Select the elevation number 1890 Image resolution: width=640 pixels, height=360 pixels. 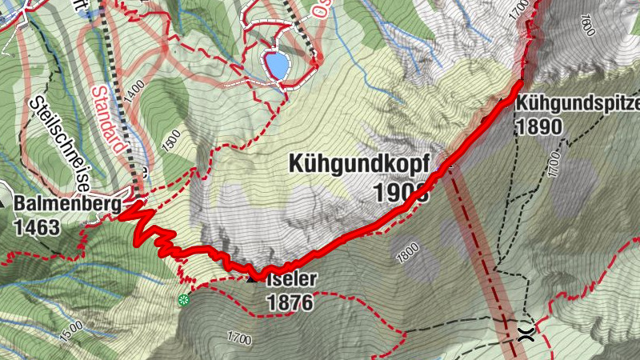pos(540,126)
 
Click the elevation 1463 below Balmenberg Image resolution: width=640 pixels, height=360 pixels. pos(37,227)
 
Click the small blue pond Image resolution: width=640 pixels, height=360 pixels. pos(277,63)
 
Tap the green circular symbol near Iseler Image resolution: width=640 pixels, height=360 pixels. pos(184,300)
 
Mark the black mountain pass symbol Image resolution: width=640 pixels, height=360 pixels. pos(526,334)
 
